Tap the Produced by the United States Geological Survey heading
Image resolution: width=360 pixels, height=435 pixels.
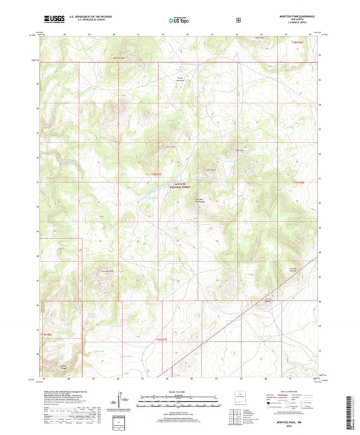63,392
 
